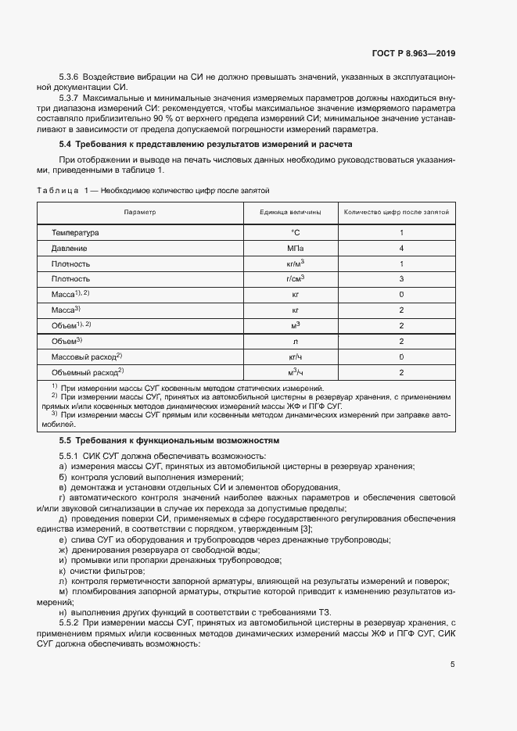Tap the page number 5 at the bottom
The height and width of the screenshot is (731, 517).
pos(452,665)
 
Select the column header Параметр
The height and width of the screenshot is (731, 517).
pos(140,212)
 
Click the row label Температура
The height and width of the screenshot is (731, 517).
pos(75,233)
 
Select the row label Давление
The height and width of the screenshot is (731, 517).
pos(70,248)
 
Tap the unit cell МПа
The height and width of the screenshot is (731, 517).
pos(295,248)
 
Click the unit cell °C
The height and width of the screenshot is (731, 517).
pos(295,233)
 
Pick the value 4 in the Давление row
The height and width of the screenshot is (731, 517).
pos(401,248)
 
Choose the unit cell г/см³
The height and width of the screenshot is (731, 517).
pos(295,278)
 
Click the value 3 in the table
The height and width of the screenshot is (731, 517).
pos(401,278)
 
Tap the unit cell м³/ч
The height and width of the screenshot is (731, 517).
pos(295,372)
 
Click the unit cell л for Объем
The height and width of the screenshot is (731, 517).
pos(295,341)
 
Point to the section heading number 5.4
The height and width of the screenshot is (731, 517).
pos(65,145)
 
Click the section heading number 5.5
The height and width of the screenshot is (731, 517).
pos(65,441)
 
